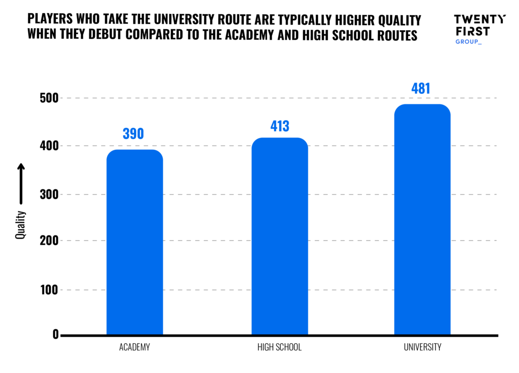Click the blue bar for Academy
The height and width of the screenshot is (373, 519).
click(135, 242)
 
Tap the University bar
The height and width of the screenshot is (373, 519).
click(422, 219)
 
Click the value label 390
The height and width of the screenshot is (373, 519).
click(134, 134)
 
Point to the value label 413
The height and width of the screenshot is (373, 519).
click(279, 126)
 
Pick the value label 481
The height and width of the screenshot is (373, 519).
click(421, 89)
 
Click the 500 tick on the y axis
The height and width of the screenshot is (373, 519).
click(49, 98)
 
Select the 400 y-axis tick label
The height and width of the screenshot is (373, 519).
click(49, 146)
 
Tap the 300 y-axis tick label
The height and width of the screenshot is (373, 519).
click(49, 195)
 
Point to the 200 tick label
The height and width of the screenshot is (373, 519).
click(49, 241)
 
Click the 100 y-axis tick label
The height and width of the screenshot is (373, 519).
click(49, 290)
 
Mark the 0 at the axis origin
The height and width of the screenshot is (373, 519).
click(55, 335)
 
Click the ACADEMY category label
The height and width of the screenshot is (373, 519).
click(135, 347)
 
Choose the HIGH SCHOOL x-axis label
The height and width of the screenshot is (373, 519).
click(280, 347)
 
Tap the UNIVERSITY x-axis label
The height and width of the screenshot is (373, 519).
click(422, 347)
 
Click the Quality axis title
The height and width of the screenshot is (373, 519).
click(21, 224)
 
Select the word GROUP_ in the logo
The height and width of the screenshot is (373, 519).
click(468, 42)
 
